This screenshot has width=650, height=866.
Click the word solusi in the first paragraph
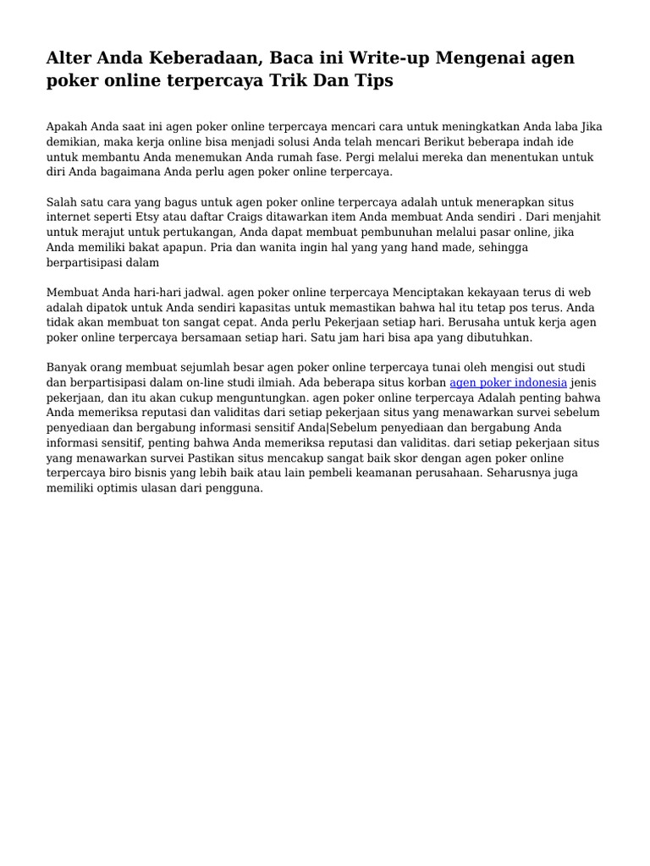(275, 141)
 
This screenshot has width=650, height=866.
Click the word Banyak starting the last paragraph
(67, 367)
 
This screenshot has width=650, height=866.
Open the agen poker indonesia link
(508, 382)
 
